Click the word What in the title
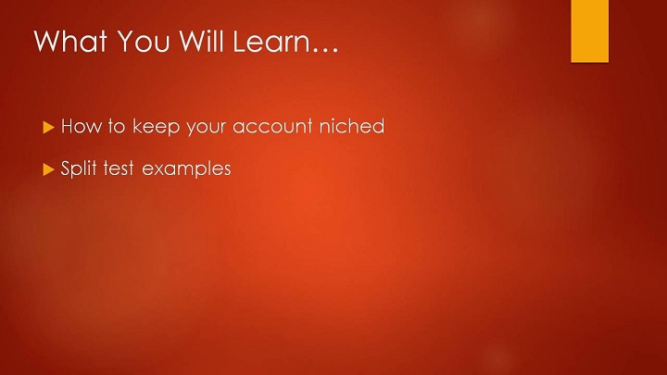coord(70,41)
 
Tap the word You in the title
coord(144,41)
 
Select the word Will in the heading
coord(201,41)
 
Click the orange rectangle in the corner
coord(589,31)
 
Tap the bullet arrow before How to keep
coord(48,127)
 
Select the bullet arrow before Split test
coord(48,169)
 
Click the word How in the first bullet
coord(82,126)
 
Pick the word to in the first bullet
coord(116,126)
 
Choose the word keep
coord(157,127)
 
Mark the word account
coord(272,127)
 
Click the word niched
coord(352,126)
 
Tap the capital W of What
coord(47,41)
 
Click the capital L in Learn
coord(240,41)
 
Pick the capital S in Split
coord(66,169)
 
